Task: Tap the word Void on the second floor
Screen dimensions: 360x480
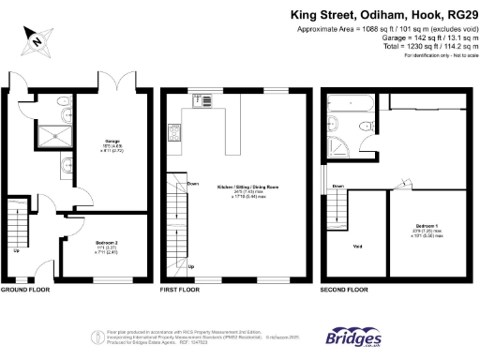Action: click(x=357, y=248)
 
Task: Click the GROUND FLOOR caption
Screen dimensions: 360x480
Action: click(x=24, y=291)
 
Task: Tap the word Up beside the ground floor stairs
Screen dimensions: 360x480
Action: click(x=16, y=250)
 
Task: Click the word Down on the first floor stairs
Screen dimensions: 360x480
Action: click(x=193, y=184)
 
